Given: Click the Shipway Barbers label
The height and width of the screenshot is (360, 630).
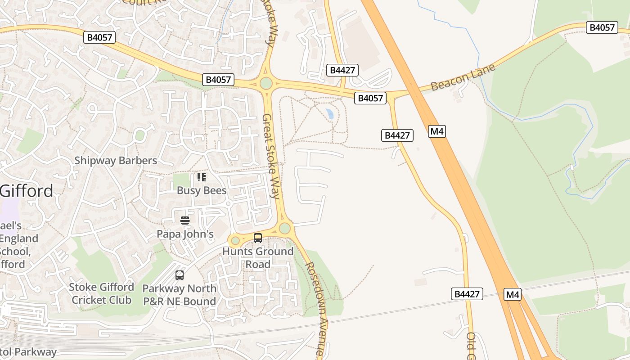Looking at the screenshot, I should [116, 161].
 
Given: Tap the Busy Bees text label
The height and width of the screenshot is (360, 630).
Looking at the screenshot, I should [201, 190].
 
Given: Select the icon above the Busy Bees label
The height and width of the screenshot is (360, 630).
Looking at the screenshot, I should [201, 177].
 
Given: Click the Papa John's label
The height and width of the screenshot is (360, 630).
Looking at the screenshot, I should [185, 234].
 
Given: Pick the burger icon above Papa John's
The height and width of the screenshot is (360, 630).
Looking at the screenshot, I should [185, 220].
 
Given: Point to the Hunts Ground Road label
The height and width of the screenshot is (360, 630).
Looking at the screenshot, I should [258, 257].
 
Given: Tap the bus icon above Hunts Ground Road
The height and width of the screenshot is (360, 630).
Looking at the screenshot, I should [258, 238].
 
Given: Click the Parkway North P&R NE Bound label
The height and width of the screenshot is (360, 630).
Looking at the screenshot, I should [180, 295].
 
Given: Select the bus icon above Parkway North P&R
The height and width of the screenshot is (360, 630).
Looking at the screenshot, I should [180, 275].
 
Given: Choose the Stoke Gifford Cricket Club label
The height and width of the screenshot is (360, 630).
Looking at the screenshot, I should [101, 293].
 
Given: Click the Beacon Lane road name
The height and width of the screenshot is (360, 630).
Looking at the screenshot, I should [463, 77].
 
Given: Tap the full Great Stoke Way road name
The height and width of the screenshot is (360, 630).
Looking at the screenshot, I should [271, 156].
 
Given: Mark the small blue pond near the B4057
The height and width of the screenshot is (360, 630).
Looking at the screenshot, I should [330, 114].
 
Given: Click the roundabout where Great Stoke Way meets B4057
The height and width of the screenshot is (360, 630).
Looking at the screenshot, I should [266, 83].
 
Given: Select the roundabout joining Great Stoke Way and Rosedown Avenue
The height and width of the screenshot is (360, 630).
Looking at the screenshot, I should [284, 228].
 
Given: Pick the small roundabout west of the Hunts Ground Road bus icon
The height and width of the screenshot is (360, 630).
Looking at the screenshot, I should [235, 241].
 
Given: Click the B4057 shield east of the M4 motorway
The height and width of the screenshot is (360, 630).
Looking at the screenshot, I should [602, 27].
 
